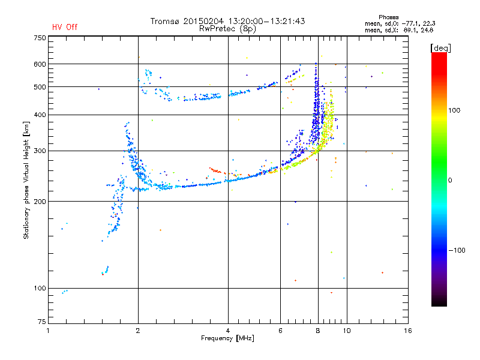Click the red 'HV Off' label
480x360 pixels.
pos(65,27)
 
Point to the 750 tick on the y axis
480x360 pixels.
pos(40,37)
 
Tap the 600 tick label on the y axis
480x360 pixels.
pos(40,64)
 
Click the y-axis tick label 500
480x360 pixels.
pos(40,87)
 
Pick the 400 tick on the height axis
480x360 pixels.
pos(40,115)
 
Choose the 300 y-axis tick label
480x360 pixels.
pos(40,151)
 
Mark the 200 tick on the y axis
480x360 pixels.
pos(40,201)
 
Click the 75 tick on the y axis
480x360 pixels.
pos(41,323)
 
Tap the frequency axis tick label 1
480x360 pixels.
pos(49,331)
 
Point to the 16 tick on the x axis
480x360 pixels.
pos(407,331)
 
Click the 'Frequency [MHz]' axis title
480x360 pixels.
pos(227,339)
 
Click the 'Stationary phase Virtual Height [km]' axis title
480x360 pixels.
pos(26,180)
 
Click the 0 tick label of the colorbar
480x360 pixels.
pos(451,180)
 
